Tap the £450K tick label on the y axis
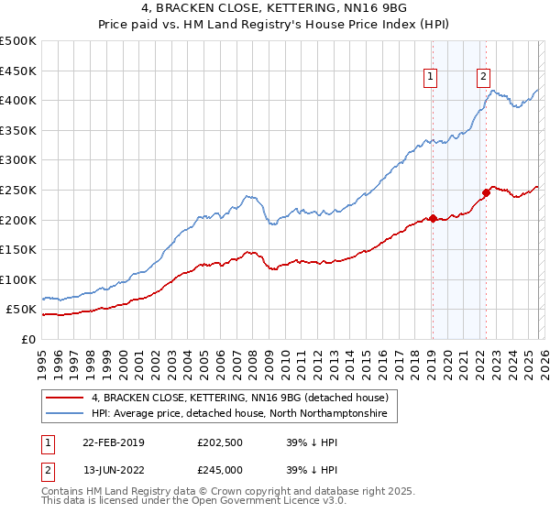[x=18, y=71]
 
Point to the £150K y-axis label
[x=18, y=250]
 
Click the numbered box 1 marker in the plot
[x=431, y=78]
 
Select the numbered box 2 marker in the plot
[x=483, y=78]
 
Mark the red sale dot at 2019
[x=433, y=218]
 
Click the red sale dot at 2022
[x=486, y=192]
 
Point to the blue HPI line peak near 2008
[x=247, y=195]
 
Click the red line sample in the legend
[x=64, y=398]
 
